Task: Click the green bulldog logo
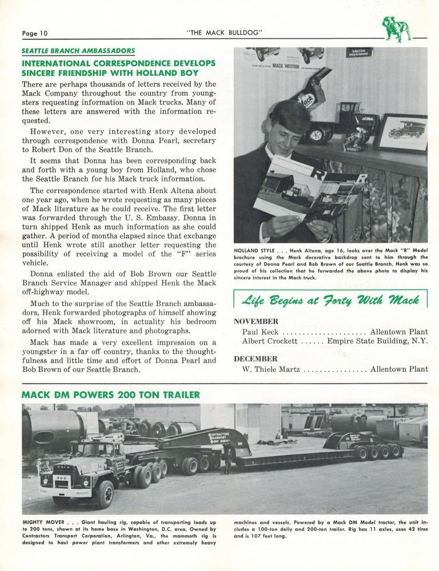tap(397, 29)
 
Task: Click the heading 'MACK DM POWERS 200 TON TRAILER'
tap(110, 395)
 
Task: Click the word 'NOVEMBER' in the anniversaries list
tap(257, 321)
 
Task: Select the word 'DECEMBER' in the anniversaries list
tap(256, 359)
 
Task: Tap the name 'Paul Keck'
tap(260, 331)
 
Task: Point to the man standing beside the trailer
tap(228, 461)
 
